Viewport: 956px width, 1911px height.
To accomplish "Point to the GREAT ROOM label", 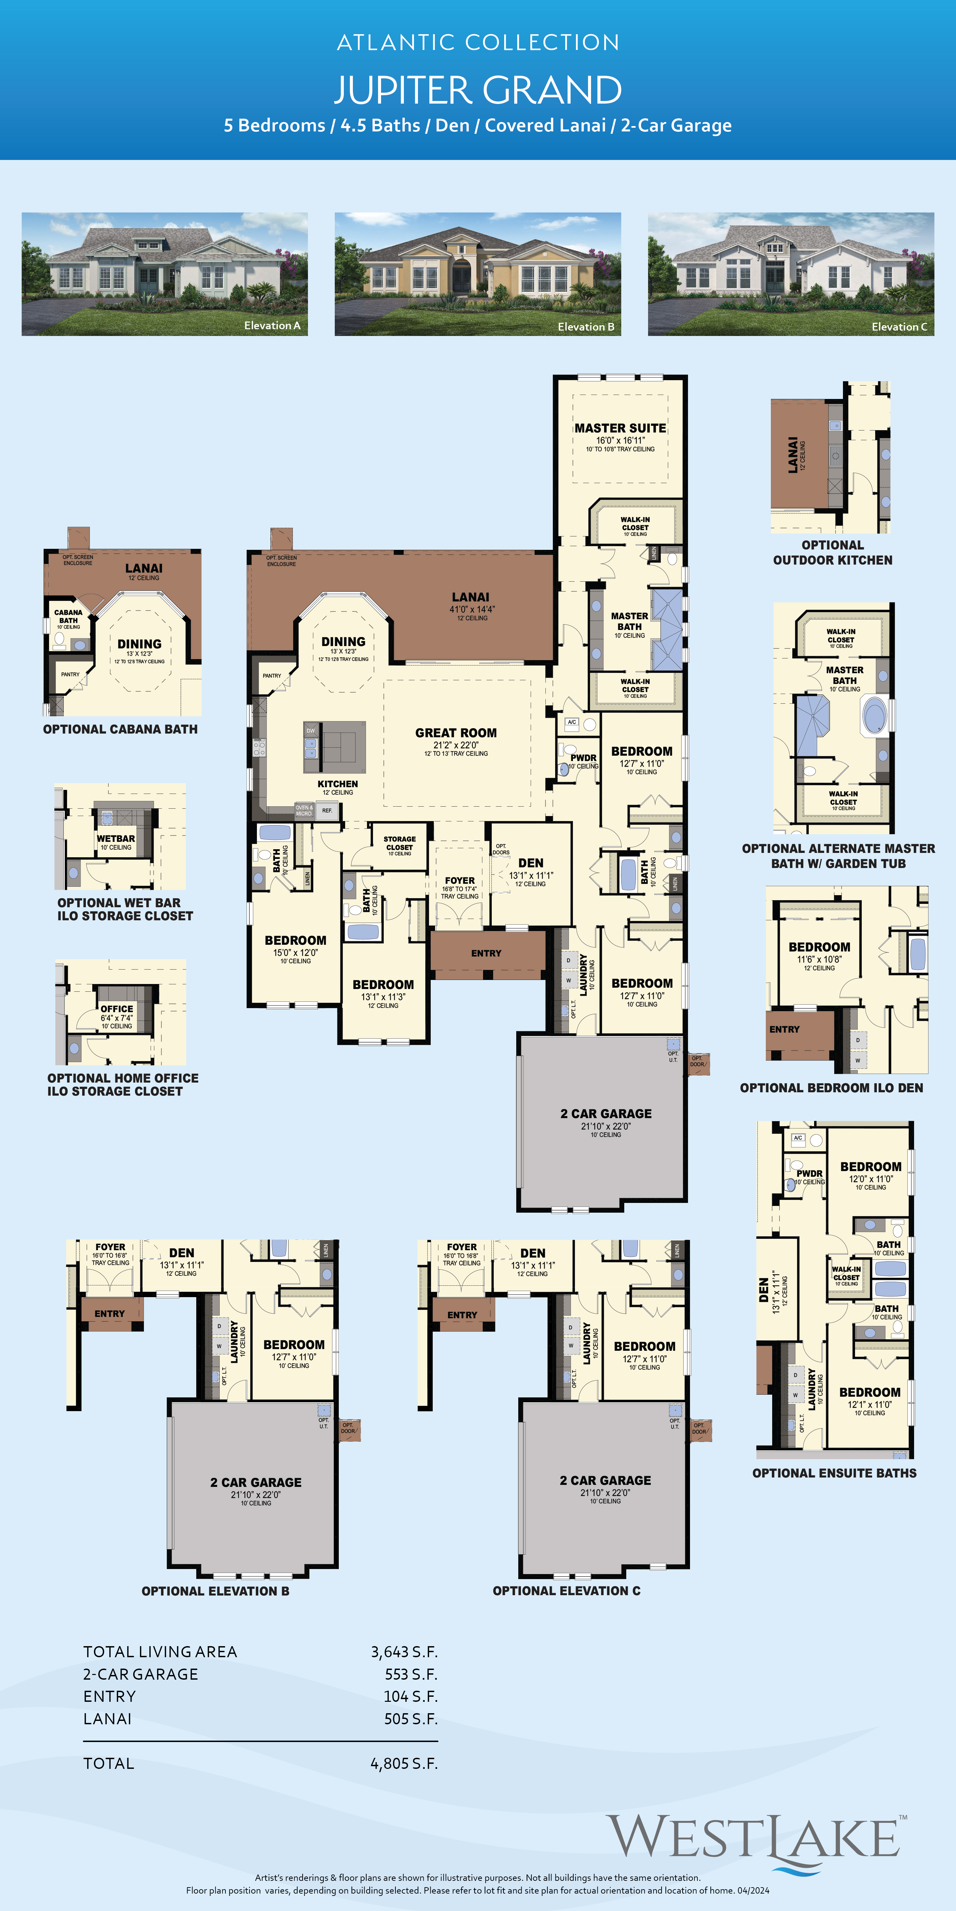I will point(456,733).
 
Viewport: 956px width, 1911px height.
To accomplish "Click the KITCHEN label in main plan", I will point(338,784).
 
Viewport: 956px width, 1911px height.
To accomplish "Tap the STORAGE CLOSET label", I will point(399,843).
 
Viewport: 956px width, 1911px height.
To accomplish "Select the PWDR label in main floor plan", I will point(583,757).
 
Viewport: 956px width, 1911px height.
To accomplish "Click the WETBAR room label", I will point(116,839).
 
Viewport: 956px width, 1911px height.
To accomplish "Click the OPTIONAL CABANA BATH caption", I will point(120,729).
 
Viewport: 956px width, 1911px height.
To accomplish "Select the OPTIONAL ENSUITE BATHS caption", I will point(834,1472).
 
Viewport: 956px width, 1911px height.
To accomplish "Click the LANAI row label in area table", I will point(108,1719).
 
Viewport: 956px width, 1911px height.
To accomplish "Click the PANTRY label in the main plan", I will point(272,676).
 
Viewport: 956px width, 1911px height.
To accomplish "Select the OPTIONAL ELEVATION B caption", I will point(215,1590).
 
